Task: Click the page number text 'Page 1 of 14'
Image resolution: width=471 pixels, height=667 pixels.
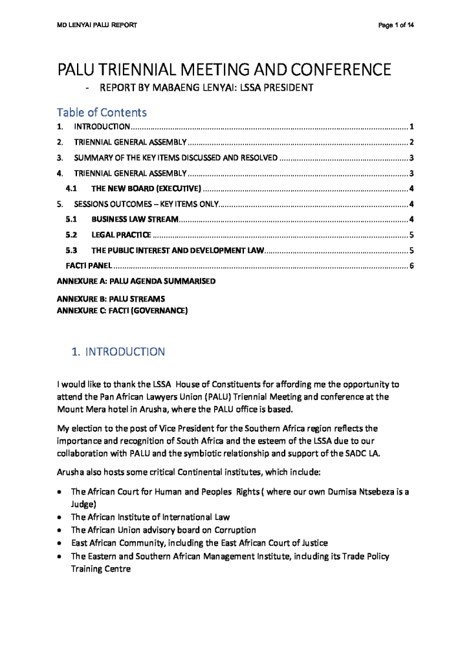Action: [x=396, y=25]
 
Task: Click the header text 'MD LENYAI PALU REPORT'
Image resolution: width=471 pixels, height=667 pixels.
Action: [x=96, y=25]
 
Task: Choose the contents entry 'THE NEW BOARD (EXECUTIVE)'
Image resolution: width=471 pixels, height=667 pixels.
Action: [x=147, y=189]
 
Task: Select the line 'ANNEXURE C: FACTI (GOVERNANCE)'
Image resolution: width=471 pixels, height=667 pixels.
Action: [x=122, y=311]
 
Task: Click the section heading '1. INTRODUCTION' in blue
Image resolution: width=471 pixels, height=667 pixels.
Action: [x=118, y=352]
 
